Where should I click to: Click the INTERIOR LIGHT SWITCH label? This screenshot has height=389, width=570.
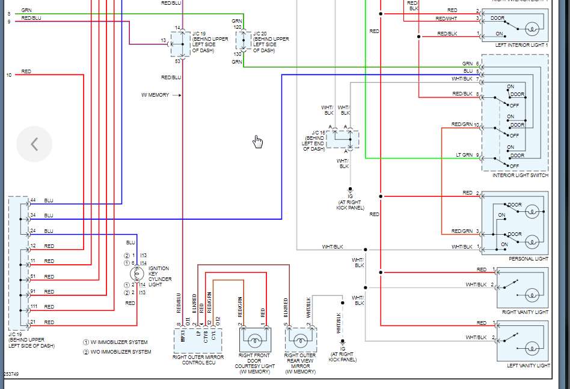[520, 175]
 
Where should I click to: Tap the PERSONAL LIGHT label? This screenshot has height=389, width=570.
[529, 259]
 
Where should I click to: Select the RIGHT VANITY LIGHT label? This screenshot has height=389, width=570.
[525, 312]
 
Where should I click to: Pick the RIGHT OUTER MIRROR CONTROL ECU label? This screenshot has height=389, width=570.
[198, 360]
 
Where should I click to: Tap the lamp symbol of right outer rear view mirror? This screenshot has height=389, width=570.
[301, 341]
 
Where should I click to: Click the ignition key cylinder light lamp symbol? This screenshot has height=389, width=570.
[136, 274]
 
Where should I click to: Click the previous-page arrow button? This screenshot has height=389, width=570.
[34, 144]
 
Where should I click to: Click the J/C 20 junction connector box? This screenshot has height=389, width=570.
[244, 41]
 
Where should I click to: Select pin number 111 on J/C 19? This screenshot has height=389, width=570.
[34, 307]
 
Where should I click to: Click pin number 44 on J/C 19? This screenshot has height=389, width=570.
[33, 200]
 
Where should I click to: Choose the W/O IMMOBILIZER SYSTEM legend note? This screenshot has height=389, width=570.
[117, 352]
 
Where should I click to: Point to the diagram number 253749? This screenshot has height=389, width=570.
[11, 373]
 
